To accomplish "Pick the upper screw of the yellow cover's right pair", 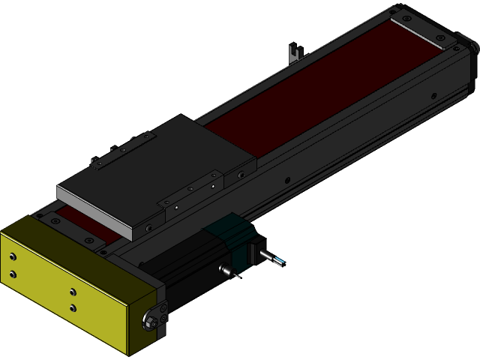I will tap(73, 292).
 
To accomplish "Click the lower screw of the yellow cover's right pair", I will tap(73, 307).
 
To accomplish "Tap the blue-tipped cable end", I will tap(278, 261).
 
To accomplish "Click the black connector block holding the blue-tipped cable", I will tap(255, 248).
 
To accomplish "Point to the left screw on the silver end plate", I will tap(406, 19).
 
